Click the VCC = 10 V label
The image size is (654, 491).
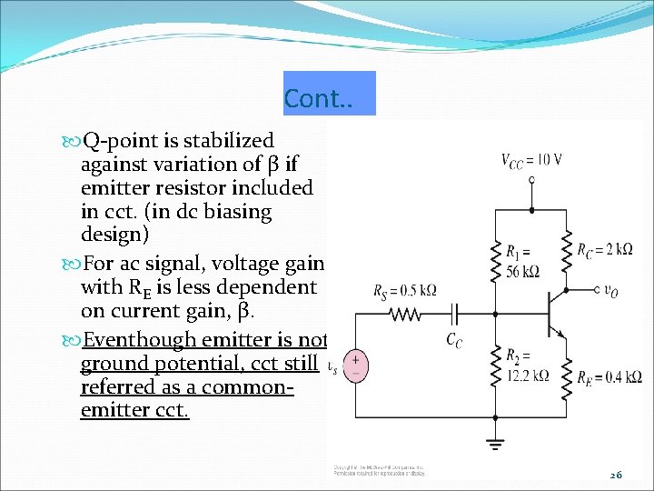tap(531, 160)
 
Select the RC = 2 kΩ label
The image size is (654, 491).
tap(605, 250)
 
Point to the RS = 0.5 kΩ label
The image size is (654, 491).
tap(404, 291)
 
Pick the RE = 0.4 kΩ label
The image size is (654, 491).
tap(609, 376)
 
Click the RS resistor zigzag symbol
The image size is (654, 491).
tap(405, 314)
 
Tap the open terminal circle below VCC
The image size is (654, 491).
tap(532, 180)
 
